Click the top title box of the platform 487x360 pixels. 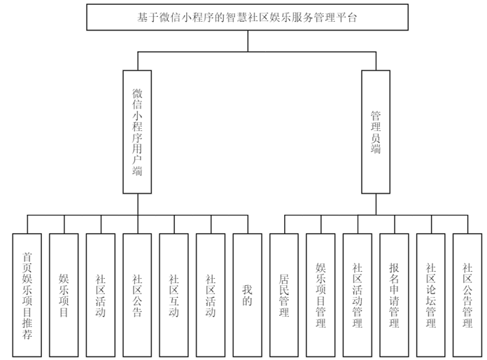pyautogui.click(x=248, y=18)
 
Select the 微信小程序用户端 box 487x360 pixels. pyautogui.click(x=137, y=131)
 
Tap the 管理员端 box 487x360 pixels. pyautogui.click(x=376, y=131)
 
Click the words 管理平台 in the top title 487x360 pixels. pyautogui.click(x=335, y=18)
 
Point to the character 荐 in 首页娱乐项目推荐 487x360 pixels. pyautogui.click(x=28, y=333)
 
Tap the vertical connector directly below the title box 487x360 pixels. pyautogui.click(x=248, y=41)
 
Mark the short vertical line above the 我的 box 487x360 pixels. pyautogui.click(x=246, y=223)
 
